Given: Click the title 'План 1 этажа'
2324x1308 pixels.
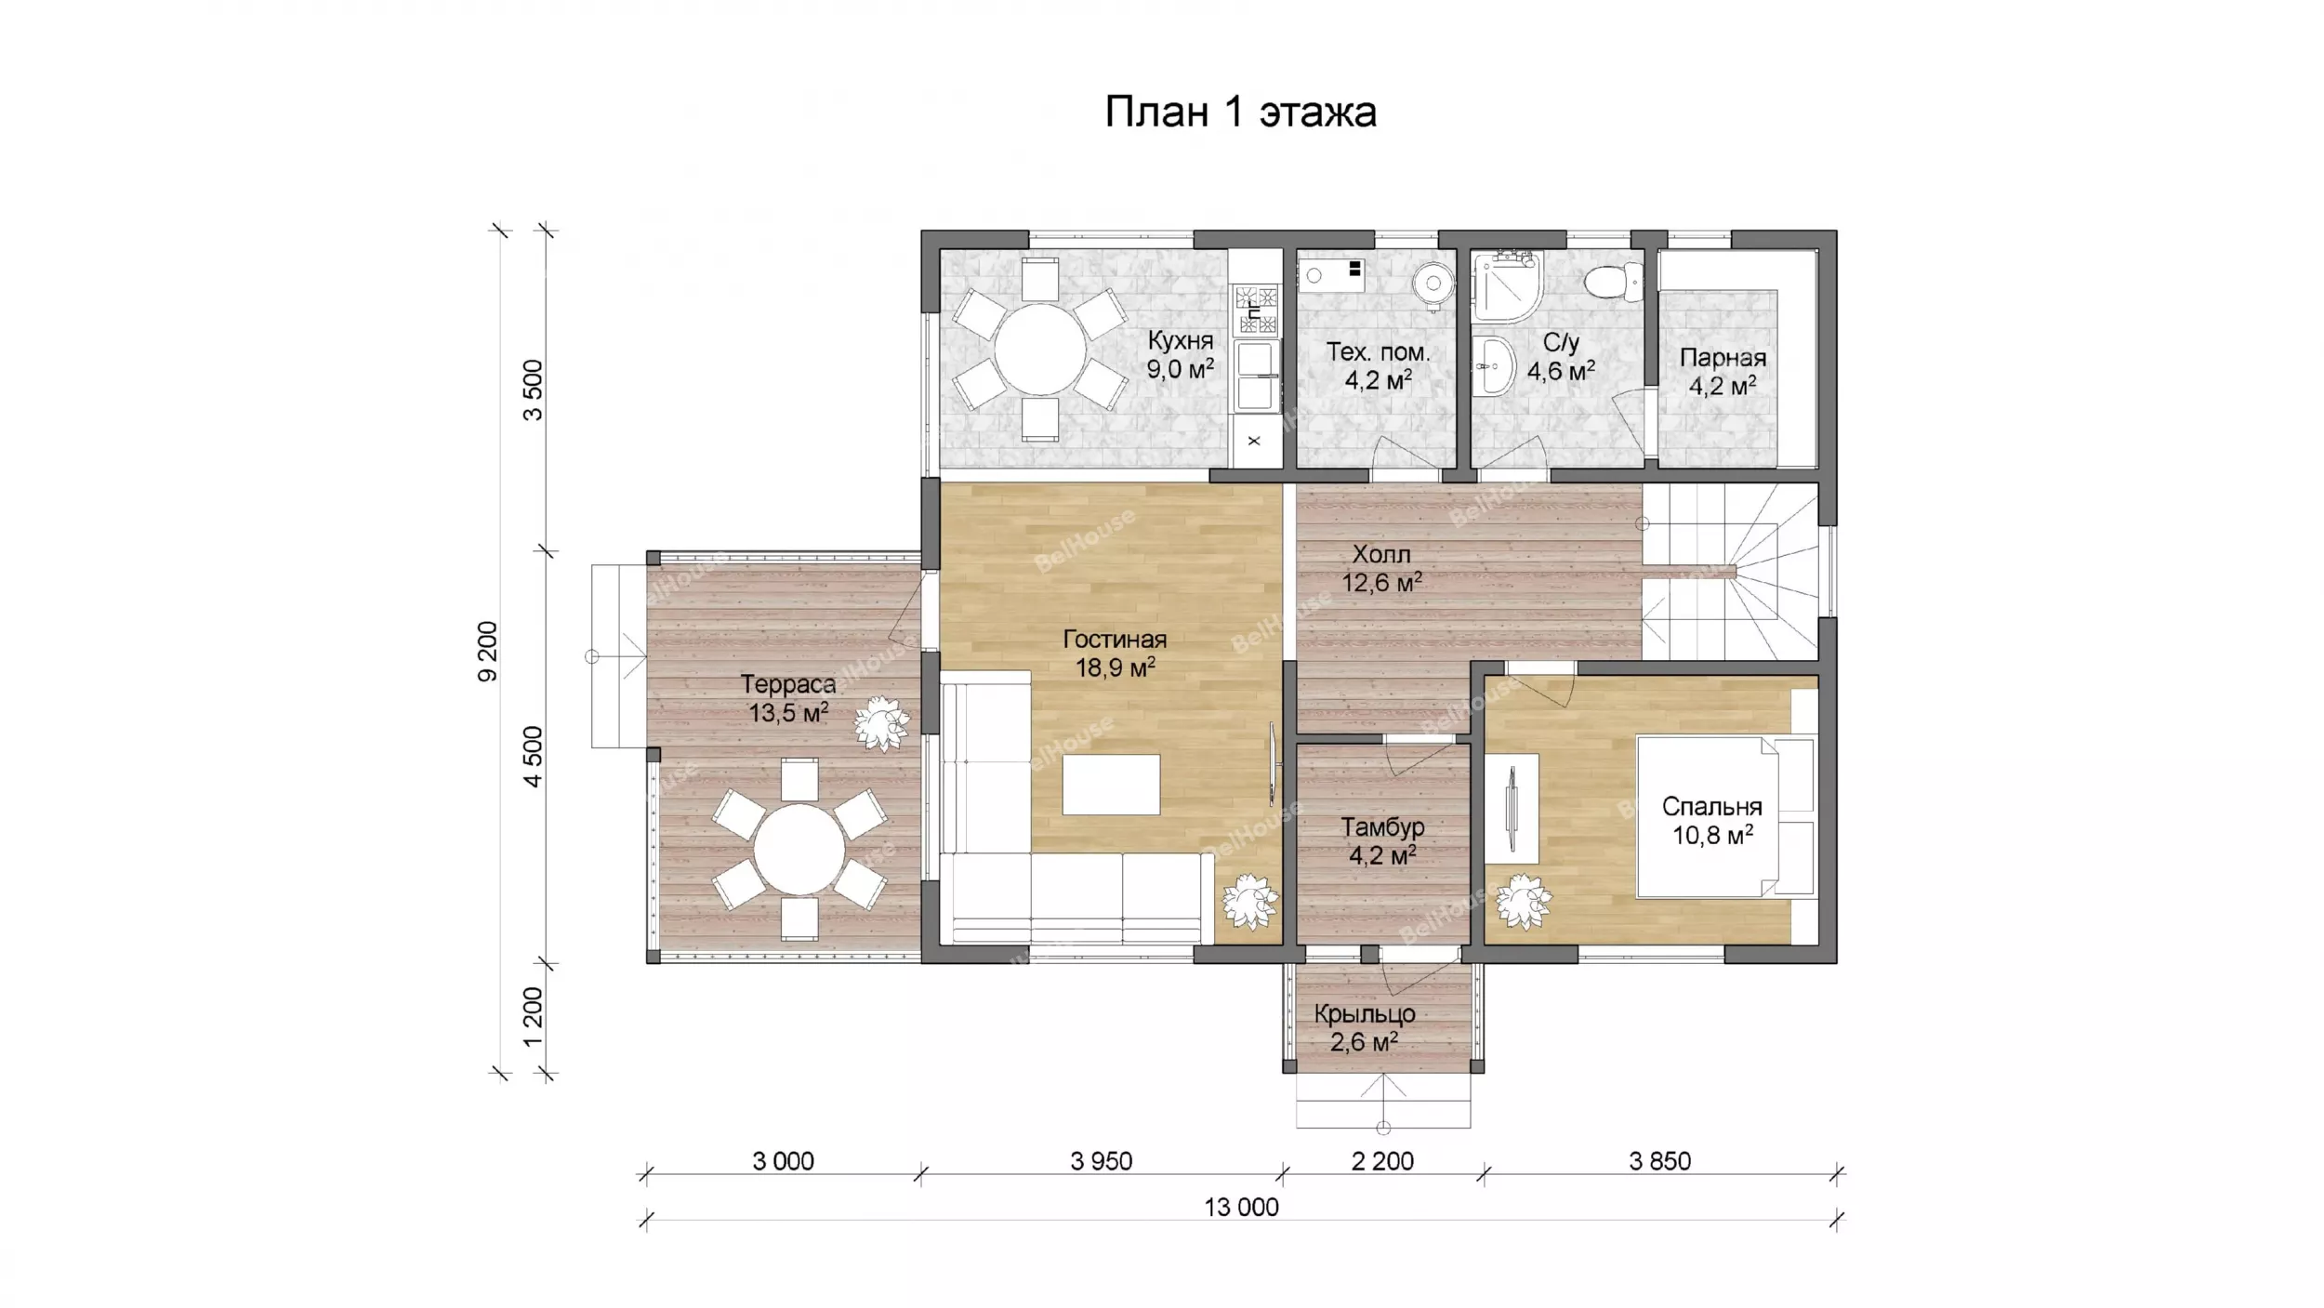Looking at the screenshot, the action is (1240, 112).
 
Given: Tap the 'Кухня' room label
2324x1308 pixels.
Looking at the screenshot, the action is (1181, 340).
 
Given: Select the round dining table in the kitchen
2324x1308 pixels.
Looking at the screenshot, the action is (1040, 350).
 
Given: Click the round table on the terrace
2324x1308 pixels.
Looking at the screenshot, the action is (799, 850).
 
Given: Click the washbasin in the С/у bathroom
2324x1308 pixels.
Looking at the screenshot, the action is (1495, 366).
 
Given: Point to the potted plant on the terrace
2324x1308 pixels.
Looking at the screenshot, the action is (880, 722).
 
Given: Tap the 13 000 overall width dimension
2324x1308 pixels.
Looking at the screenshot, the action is (1241, 1208).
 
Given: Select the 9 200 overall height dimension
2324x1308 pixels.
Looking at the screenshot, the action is (488, 652).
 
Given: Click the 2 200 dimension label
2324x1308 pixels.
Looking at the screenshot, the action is (1382, 1161).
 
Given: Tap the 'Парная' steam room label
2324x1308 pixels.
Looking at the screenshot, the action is (1723, 358).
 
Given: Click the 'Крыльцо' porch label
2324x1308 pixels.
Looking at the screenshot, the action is (1365, 1014).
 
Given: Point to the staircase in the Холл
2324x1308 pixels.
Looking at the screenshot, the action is (1729, 572).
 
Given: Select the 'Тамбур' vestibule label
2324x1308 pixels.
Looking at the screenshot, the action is (1382, 826).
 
